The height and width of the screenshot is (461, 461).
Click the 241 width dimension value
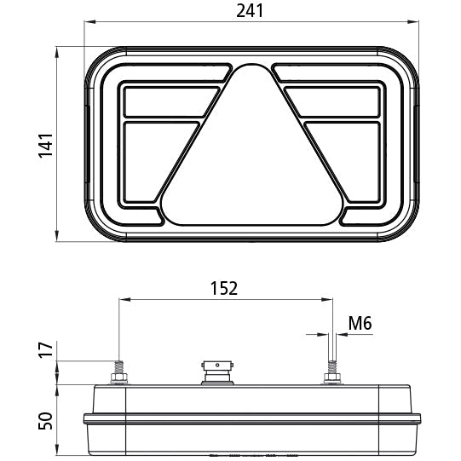pyautogui.click(x=251, y=11)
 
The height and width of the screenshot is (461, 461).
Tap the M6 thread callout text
pyautogui.click(x=360, y=323)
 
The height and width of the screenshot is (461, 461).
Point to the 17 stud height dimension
pyautogui.click(x=48, y=349)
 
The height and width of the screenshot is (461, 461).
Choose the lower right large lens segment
pyautogui.click(x=345, y=158)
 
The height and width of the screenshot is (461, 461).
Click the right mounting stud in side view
pyautogui.click(x=331, y=373)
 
